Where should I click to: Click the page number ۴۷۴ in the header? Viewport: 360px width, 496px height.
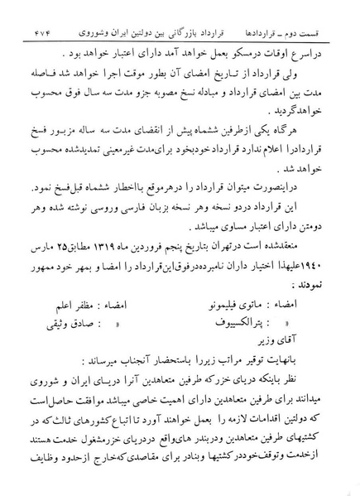click(x=27, y=16)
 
